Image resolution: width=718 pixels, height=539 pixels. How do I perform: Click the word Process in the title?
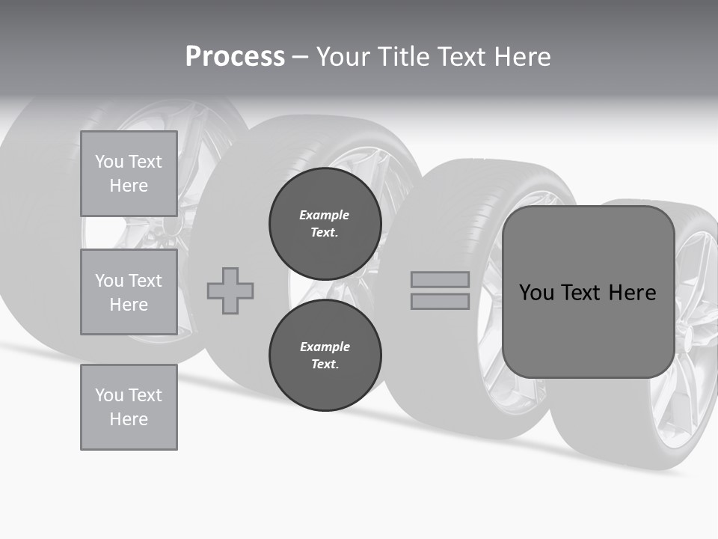(x=235, y=57)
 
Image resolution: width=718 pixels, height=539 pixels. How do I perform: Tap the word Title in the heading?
(x=405, y=57)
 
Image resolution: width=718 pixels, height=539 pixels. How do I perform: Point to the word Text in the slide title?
(x=461, y=57)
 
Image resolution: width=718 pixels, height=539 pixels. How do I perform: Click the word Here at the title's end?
(x=521, y=57)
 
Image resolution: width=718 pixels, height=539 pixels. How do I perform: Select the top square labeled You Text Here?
(x=129, y=174)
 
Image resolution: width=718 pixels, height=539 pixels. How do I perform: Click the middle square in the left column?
(x=129, y=292)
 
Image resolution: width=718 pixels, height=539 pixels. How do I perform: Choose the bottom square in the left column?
(x=129, y=407)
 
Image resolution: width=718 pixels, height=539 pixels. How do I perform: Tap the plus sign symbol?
(x=230, y=290)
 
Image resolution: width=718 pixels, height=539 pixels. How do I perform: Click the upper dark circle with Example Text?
(x=325, y=223)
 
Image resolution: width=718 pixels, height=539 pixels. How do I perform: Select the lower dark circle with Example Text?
(x=325, y=355)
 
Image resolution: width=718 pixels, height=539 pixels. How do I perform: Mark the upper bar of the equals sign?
(x=440, y=280)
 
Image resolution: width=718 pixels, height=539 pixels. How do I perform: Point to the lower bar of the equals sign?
(x=440, y=301)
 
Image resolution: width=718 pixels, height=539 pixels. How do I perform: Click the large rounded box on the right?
(x=588, y=292)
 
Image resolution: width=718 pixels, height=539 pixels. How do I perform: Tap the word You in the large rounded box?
(x=537, y=293)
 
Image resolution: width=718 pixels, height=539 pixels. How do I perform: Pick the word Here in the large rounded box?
(x=632, y=293)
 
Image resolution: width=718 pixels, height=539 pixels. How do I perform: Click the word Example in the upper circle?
(x=325, y=215)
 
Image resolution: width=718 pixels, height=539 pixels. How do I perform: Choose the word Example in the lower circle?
(x=325, y=347)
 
